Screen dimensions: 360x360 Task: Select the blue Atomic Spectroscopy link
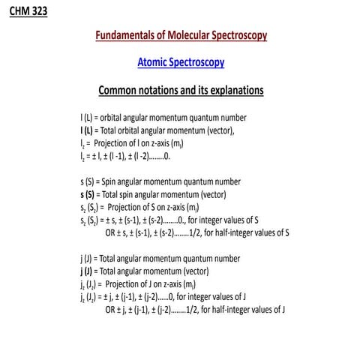pyautogui.click(x=181, y=63)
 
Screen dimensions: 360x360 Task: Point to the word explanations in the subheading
pyautogui.click(x=229, y=91)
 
